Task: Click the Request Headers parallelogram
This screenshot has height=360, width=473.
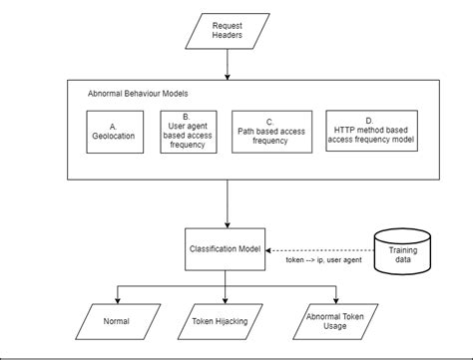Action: pos(228,29)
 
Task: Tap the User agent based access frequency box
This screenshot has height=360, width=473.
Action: pos(189,131)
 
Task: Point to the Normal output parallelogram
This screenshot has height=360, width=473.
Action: pos(117,322)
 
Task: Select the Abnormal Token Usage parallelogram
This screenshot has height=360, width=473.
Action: pos(336,322)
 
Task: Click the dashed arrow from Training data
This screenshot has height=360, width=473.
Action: pos(319,250)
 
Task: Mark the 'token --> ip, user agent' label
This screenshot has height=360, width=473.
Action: pos(319,261)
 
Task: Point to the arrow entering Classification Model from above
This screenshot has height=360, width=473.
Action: pos(228,204)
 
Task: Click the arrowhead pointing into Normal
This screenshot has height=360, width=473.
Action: pos(118,300)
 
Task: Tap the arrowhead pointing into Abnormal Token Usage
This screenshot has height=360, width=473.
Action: pos(337,300)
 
